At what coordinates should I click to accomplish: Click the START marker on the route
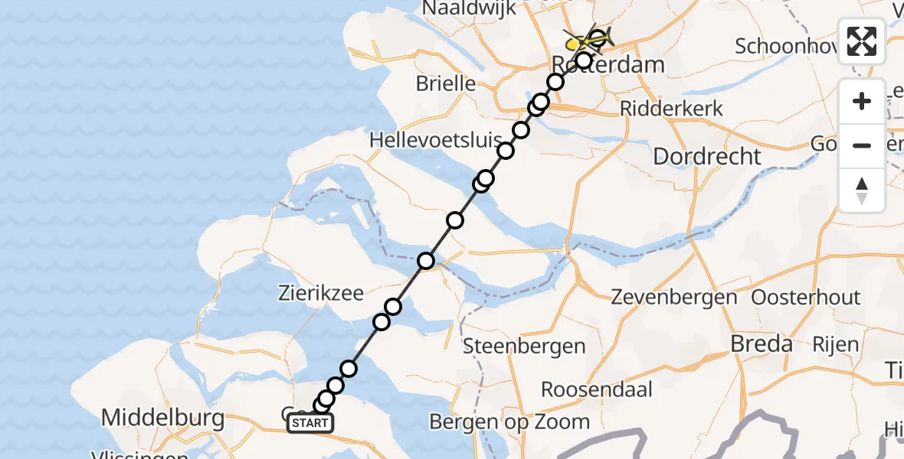pos(310,423)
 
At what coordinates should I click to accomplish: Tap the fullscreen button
pos(862,41)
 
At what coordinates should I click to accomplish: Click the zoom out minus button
pos(862,145)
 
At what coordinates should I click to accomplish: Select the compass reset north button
pos(862,190)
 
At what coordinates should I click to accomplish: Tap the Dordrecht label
pos(707,157)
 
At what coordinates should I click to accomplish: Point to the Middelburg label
pos(162,418)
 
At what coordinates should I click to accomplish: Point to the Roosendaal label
pos(597,389)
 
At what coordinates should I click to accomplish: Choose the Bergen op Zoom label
pos(509,422)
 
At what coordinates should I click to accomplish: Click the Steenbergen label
pos(525,347)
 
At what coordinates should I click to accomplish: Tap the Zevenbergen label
pos(674,297)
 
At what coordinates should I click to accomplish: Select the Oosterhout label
pos(806,297)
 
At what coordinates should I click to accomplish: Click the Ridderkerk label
pos(671,108)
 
